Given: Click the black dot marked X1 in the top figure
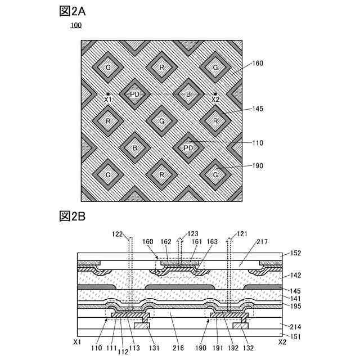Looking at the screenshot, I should pos(107,94).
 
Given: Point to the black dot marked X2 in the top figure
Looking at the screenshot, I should pos(215,94).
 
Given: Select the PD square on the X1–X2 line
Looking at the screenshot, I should pos(134,94).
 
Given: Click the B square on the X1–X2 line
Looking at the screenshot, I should pos(188,94).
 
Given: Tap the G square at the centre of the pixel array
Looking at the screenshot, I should pos(161,121).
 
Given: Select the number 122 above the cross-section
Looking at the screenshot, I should pos(116,233).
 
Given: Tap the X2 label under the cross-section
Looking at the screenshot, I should pos(283,341).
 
